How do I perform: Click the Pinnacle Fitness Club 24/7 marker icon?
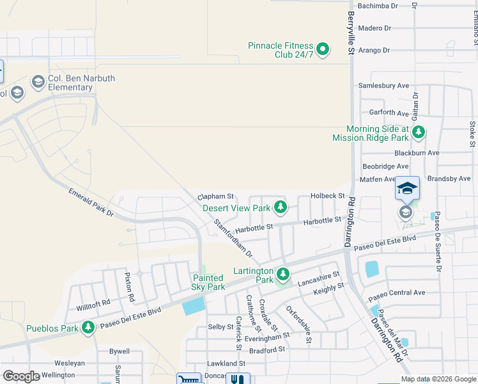pos(323,49)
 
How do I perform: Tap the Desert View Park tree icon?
pos(280,207)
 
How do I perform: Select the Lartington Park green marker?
pos(283,275)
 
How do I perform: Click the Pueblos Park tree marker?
pos(88,328)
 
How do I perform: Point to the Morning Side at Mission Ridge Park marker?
pos(419,132)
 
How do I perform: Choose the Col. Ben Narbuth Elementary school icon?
pos(38,82)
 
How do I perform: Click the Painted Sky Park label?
pos(208,282)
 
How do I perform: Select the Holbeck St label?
pos(327,196)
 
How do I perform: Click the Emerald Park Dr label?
pos(91,202)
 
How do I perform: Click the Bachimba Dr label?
pos(378,6)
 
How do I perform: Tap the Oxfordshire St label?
pos(298,324)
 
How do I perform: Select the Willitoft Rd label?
pos(93,301)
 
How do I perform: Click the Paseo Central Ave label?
pos(397,292)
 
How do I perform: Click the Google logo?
pos(21,376)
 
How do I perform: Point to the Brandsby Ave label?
pos(449,179)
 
